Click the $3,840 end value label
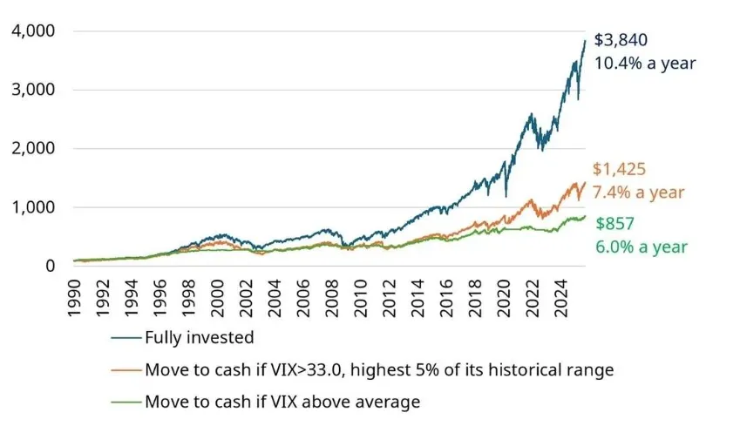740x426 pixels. pyautogui.click(x=621, y=40)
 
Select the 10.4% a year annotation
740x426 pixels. pyautogui.click(x=645, y=63)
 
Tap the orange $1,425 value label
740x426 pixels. pyautogui.click(x=619, y=170)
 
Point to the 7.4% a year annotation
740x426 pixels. pyautogui.click(x=639, y=193)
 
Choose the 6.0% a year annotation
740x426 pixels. pyautogui.click(x=642, y=247)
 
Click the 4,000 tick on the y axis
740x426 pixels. pyautogui.click(x=32, y=31)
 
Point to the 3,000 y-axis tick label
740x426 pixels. pyautogui.click(x=32, y=90)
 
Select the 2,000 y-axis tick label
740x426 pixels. pyautogui.click(x=32, y=149)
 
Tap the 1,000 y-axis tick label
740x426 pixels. pyautogui.click(x=32, y=207)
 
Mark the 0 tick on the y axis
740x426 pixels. pyautogui.click(x=51, y=266)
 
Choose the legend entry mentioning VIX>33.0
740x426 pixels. pyautogui.click(x=379, y=370)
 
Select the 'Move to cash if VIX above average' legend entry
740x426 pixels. pyautogui.click(x=282, y=402)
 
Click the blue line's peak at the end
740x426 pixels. pyautogui.click(x=585, y=40)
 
